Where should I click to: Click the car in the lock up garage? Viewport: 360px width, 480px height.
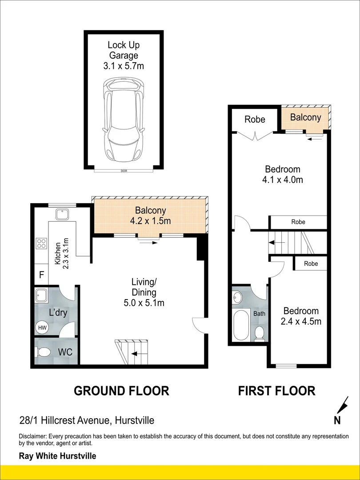coord(124,120)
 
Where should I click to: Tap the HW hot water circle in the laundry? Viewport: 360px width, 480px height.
coord(42,328)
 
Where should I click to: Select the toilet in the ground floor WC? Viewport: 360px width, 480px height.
coord(42,352)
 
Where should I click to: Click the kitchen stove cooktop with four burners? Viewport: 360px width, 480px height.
coord(41,244)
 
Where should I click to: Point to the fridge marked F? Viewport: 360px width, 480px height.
coord(41,274)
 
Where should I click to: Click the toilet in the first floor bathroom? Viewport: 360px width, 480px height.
coord(259,333)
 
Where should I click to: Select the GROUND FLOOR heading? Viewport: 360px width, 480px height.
coord(121,391)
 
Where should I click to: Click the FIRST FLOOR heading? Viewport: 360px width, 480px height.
coord(277,391)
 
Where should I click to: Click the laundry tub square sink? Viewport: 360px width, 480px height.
coord(41,294)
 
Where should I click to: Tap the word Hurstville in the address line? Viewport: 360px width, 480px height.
coord(134,420)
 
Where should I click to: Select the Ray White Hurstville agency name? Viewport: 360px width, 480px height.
coord(57,456)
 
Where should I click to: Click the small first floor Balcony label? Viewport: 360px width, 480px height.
coord(305,117)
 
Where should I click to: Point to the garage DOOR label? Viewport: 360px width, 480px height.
coord(124,171)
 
